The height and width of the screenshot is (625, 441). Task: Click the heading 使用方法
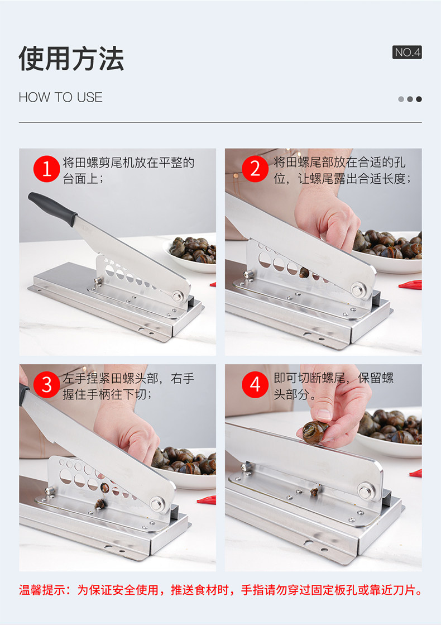71,59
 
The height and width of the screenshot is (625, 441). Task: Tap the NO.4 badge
407,52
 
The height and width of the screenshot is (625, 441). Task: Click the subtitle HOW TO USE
60,97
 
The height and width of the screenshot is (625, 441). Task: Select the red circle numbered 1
46,169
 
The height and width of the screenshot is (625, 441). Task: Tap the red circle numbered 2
255,169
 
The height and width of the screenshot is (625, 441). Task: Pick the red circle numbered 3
46,385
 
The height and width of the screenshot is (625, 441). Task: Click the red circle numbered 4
255,385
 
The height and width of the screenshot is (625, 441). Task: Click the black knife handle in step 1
52,208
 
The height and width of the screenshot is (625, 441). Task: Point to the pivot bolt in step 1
178,296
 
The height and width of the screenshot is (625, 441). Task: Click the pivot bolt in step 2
358,289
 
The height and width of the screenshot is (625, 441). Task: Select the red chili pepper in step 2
410,285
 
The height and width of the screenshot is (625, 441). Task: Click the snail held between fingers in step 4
315,432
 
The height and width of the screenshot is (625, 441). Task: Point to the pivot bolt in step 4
365,490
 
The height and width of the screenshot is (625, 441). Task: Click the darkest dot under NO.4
419,99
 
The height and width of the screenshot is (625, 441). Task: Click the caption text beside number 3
128,386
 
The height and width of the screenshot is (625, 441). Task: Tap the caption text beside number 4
333,386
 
